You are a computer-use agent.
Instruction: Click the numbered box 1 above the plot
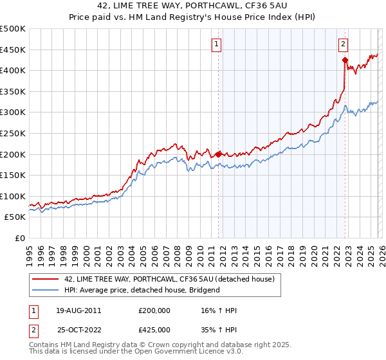click(216, 44)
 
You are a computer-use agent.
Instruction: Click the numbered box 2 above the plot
click(343, 44)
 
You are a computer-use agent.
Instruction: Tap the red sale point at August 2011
click(218, 154)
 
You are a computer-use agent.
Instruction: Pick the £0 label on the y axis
click(19, 238)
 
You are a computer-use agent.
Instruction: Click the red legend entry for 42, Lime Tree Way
click(169, 279)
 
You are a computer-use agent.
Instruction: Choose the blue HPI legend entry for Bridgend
click(142, 290)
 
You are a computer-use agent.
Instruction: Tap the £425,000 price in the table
click(154, 329)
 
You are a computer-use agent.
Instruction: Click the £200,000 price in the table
click(154, 310)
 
